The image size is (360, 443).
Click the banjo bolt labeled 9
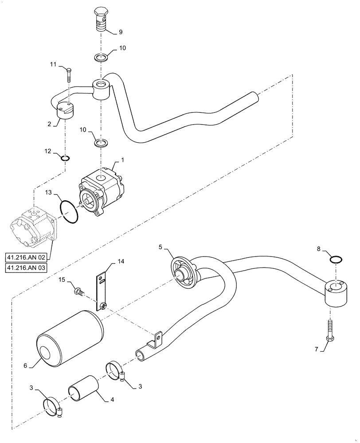coord(101,19)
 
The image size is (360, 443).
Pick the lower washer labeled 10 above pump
coord(101,144)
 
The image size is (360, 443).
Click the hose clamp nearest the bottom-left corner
coord(53,406)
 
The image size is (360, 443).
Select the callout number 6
coord(25,365)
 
